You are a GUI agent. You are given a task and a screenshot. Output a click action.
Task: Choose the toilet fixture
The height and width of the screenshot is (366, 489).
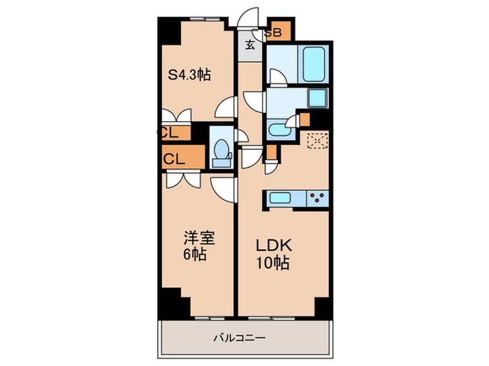click(x=221, y=151)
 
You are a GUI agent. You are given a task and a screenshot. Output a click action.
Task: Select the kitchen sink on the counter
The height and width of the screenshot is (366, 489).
click(x=283, y=199)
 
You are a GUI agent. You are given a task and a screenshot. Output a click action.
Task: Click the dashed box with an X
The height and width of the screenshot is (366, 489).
click(x=316, y=141)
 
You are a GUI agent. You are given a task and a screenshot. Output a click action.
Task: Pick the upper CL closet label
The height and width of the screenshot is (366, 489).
click(x=170, y=132)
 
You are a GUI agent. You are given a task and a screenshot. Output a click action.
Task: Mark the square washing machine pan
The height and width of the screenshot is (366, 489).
click(x=316, y=98)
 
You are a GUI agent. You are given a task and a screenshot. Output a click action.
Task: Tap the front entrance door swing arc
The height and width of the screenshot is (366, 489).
click(x=249, y=17)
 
